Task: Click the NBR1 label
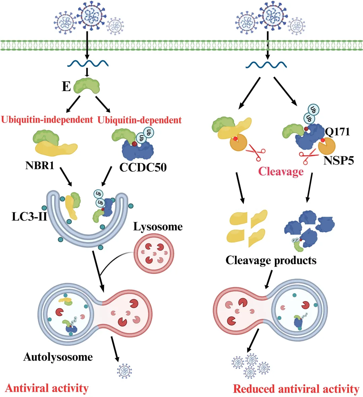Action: (x=40, y=166)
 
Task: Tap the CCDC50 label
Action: (x=143, y=167)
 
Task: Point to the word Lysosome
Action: (x=158, y=227)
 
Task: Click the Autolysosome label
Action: (x=58, y=357)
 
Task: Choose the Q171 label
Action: (x=337, y=131)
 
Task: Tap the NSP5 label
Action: (x=338, y=160)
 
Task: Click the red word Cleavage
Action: (x=281, y=171)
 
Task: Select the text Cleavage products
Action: (x=271, y=260)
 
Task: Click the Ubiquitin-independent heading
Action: (x=47, y=120)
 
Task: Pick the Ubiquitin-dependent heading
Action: (x=139, y=120)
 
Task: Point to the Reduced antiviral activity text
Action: (x=296, y=389)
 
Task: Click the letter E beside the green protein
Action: (x=66, y=86)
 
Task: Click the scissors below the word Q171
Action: (x=308, y=157)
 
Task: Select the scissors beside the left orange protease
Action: (x=256, y=154)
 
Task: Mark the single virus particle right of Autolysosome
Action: (x=124, y=370)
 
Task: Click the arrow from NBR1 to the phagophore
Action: (x=66, y=177)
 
